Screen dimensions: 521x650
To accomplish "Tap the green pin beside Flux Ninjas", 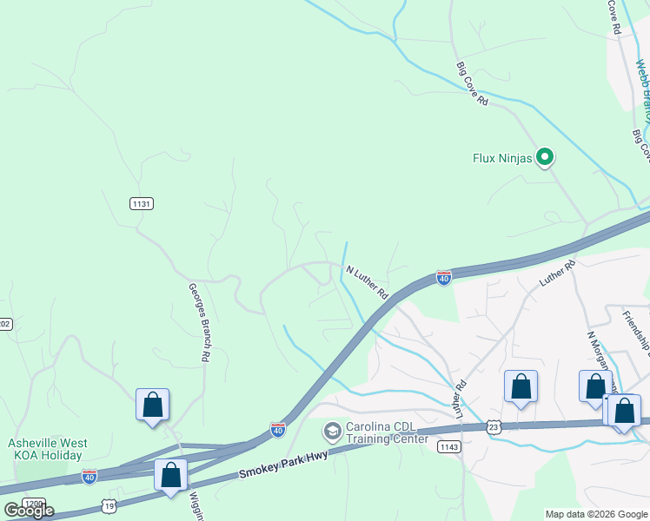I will pos(545,157).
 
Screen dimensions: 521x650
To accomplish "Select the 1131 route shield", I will pos(142,203).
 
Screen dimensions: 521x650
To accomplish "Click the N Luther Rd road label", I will pos(367,283).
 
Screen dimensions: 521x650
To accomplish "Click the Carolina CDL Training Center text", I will pos(387,432).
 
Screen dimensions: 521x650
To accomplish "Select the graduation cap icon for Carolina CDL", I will pos(332,432).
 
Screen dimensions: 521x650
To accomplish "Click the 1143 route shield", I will pos(448,447).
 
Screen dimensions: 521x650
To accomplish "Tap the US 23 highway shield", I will pos(494,427).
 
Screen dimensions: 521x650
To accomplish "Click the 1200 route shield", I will pos(33,505).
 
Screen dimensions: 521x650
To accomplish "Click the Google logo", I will pos(28,511).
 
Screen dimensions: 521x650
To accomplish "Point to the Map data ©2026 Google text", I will pos(596,514).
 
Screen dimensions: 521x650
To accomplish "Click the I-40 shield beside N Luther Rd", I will pos(443,278).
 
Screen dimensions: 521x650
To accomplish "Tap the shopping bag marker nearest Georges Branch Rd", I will pos(152,405).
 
